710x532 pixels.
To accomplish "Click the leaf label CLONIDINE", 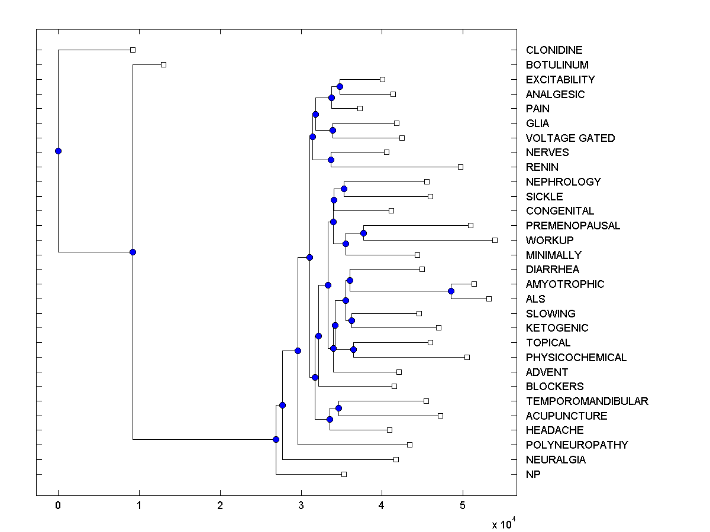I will point(554,50).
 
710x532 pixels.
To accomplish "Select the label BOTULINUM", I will point(557,65).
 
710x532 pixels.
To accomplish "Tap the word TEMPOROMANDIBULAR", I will point(587,401).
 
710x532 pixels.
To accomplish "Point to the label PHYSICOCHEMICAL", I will point(576,358).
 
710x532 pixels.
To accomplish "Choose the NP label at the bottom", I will point(533,474).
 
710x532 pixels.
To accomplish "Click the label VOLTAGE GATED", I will point(570,138).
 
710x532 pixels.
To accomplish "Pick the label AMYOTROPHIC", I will point(565,284).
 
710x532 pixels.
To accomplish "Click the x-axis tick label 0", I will point(58,506).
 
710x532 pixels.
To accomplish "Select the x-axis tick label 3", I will point(301,506).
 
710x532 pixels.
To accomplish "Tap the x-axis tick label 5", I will point(463,506).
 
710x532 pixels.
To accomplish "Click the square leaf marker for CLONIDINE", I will point(133,50).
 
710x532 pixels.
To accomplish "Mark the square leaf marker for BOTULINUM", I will point(164,64).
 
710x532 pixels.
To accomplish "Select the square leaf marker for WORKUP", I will point(495,240).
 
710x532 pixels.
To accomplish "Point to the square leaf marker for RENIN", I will point(460,167).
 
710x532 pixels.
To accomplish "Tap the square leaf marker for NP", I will point(344,474).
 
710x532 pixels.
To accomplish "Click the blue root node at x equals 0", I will point(58,151).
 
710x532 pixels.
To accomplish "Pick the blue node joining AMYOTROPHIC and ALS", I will point(451,291).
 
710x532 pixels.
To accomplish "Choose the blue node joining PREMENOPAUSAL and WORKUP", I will point(363,233).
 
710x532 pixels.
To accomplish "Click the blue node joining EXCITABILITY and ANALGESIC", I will point(340,86).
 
